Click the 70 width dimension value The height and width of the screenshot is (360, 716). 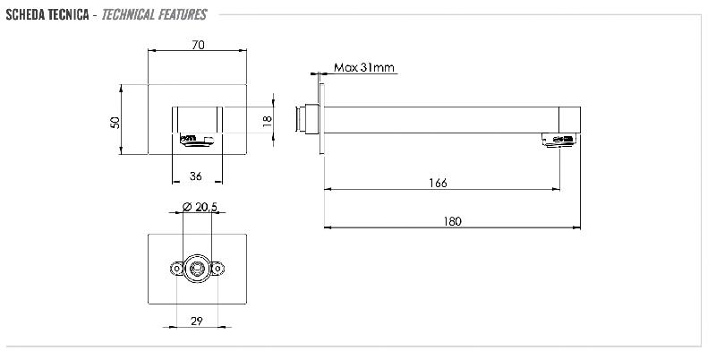tap(198, 45)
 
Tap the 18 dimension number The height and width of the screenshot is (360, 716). tap(267, 121)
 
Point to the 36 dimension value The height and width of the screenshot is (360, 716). tap(196, 176)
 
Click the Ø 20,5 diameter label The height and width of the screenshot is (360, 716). tap(200, 207)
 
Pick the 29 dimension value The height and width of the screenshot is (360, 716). tap(197, 321)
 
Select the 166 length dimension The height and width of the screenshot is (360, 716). tap(438, 183)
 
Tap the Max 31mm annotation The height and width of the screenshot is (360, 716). tap(363, 67)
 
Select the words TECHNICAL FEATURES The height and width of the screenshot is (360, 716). tap(155, 14)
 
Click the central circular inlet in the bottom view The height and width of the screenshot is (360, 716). tap(198, 268)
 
